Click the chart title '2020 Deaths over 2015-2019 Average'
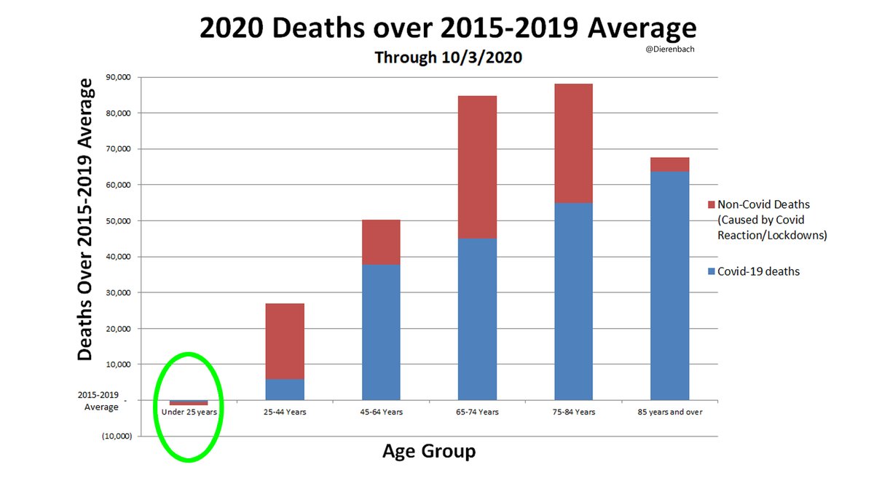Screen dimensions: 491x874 pyautogui.click(x=447, y=29)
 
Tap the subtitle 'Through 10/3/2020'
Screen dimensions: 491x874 pyautogui.click(x=448, y=57)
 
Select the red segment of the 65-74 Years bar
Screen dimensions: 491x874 pyautogui.click(x=477, y=167)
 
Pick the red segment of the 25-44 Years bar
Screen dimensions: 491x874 pyautogui.click(x=285, y=341)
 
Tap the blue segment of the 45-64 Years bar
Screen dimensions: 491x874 pyautogui.click(x=381, y=332)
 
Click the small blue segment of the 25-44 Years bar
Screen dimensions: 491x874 pyautogui.click(x=285, y=389)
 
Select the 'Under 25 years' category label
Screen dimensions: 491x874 pyautogui.click(x=189, y=412)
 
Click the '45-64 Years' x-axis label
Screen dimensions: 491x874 pyautogui.click(x=381, y=412)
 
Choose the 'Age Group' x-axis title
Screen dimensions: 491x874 pyautogui.click(x=428, y=452)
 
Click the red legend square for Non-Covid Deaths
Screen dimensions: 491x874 pyautogui.click(x=711, y=204)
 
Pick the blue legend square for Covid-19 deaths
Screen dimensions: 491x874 pyautogui.click(x=711, y=271)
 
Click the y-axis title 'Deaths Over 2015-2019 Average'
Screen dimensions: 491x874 pyautogui.click(x=86, y=220)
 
